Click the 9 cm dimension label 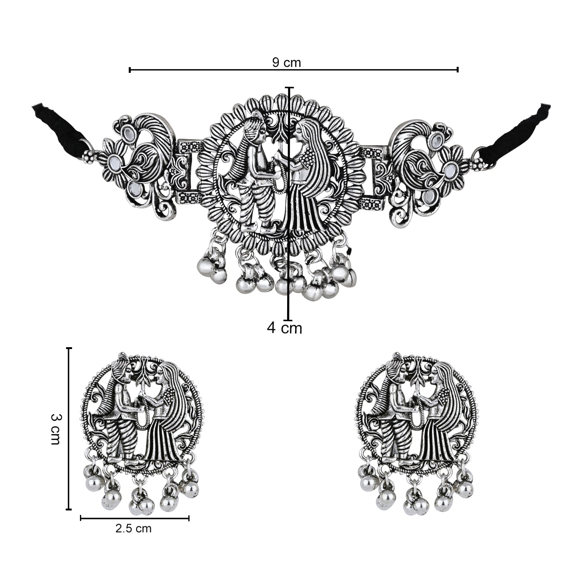[x=287, y=63]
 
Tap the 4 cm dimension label [x=285, y=328]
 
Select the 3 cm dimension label [x=55, y=429]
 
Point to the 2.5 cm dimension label [x=134, y=529]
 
